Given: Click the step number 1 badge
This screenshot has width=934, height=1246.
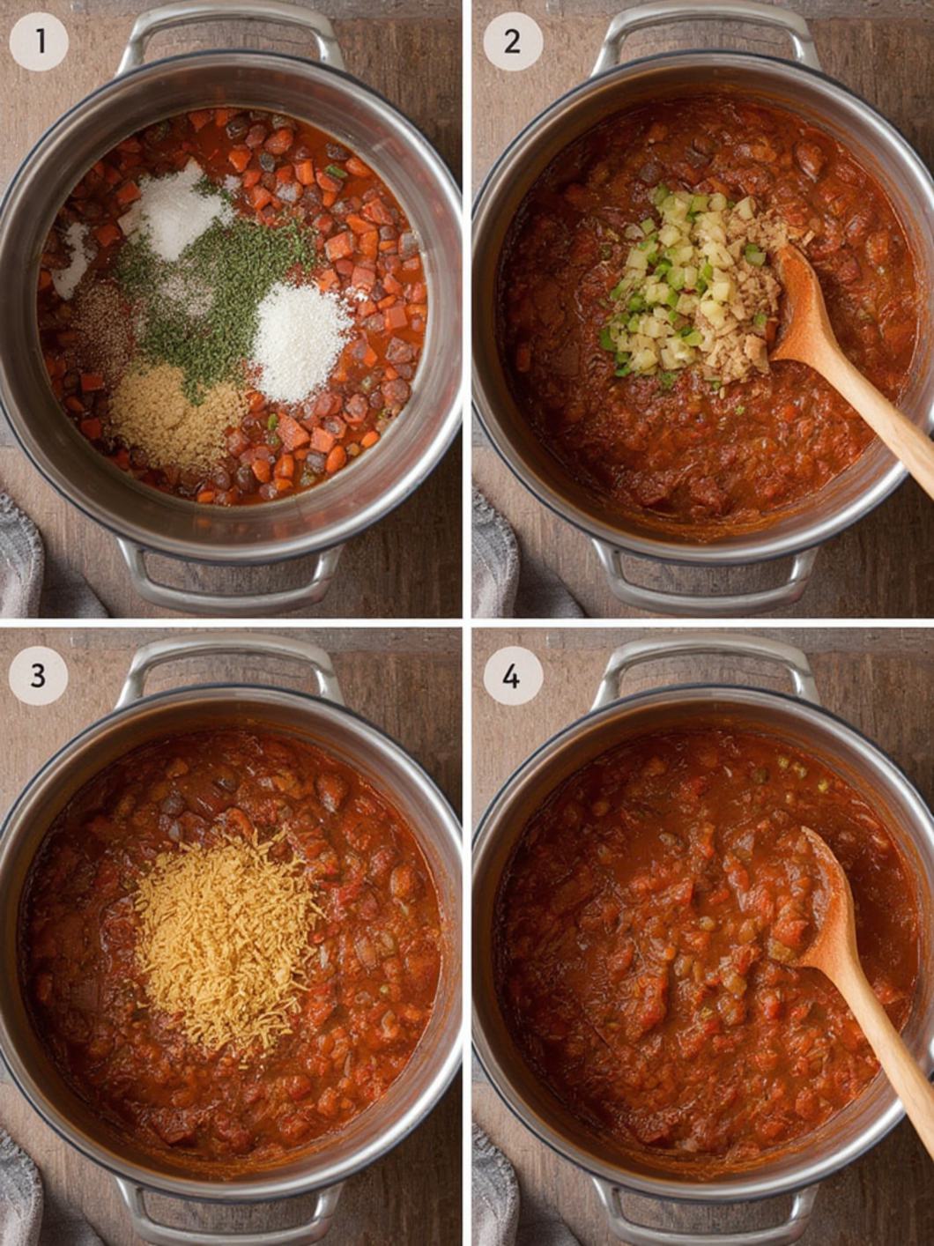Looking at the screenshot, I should [39, 41].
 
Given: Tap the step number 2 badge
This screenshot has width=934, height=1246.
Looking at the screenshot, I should [513, 41].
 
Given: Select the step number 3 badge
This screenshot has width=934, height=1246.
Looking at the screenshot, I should [39, 675].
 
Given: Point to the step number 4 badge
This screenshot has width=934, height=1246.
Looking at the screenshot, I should [513, 675].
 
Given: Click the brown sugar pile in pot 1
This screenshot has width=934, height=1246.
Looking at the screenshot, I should [175, 415].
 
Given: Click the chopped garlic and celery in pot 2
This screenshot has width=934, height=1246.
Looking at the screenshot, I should [687, 291].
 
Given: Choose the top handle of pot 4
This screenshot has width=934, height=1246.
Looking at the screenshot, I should [705, 661].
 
